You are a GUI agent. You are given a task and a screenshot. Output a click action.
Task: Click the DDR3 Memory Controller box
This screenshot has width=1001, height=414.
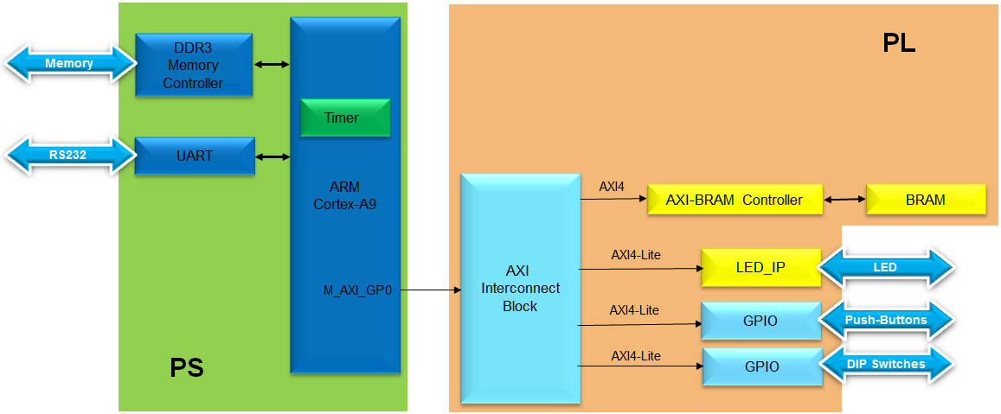coord(193,65)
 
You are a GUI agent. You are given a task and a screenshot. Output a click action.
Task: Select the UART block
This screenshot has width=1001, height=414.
coord(195,156)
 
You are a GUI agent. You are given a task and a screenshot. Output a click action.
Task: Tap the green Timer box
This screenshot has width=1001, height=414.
coord(344,118)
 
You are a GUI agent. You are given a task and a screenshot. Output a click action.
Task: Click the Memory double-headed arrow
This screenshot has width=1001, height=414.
coord(69,64)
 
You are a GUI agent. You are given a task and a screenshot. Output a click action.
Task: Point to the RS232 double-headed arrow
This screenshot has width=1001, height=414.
coord(69,156)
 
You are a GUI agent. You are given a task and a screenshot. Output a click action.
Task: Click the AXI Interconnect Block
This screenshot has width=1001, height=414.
coord(519,288)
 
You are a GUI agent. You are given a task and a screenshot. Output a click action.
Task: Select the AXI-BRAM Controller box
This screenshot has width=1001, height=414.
coord(734,200)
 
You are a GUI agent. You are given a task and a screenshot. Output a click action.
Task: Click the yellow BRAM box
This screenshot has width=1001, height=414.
coord(926,200)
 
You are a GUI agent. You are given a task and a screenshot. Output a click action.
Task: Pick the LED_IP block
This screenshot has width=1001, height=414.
coord(760,267)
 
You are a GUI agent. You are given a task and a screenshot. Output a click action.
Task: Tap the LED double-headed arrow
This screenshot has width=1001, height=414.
coord(885,267)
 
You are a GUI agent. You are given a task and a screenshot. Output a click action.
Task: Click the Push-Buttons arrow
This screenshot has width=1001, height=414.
coord(885,321)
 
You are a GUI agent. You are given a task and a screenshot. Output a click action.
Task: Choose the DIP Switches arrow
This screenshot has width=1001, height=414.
coord(885,365)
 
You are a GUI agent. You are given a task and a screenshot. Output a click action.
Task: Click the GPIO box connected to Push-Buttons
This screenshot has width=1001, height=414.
coord(760,321)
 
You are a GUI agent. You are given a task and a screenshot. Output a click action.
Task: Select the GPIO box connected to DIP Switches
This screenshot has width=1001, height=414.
coord(761,366)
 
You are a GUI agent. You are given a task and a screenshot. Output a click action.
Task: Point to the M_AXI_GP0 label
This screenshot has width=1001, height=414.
coord(357,291)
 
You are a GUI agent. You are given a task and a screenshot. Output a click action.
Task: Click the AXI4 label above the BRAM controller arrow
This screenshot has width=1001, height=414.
coord(611,186)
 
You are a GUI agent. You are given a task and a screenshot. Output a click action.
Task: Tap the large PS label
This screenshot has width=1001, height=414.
coord(186,367)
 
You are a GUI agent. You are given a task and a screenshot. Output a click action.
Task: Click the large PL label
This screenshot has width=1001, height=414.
coord(899,43)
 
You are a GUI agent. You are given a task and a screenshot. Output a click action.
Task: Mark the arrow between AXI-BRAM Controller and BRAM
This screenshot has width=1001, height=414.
coord(846,200)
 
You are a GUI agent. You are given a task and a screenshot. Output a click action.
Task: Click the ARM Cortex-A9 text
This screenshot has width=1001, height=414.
coord(344,195)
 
